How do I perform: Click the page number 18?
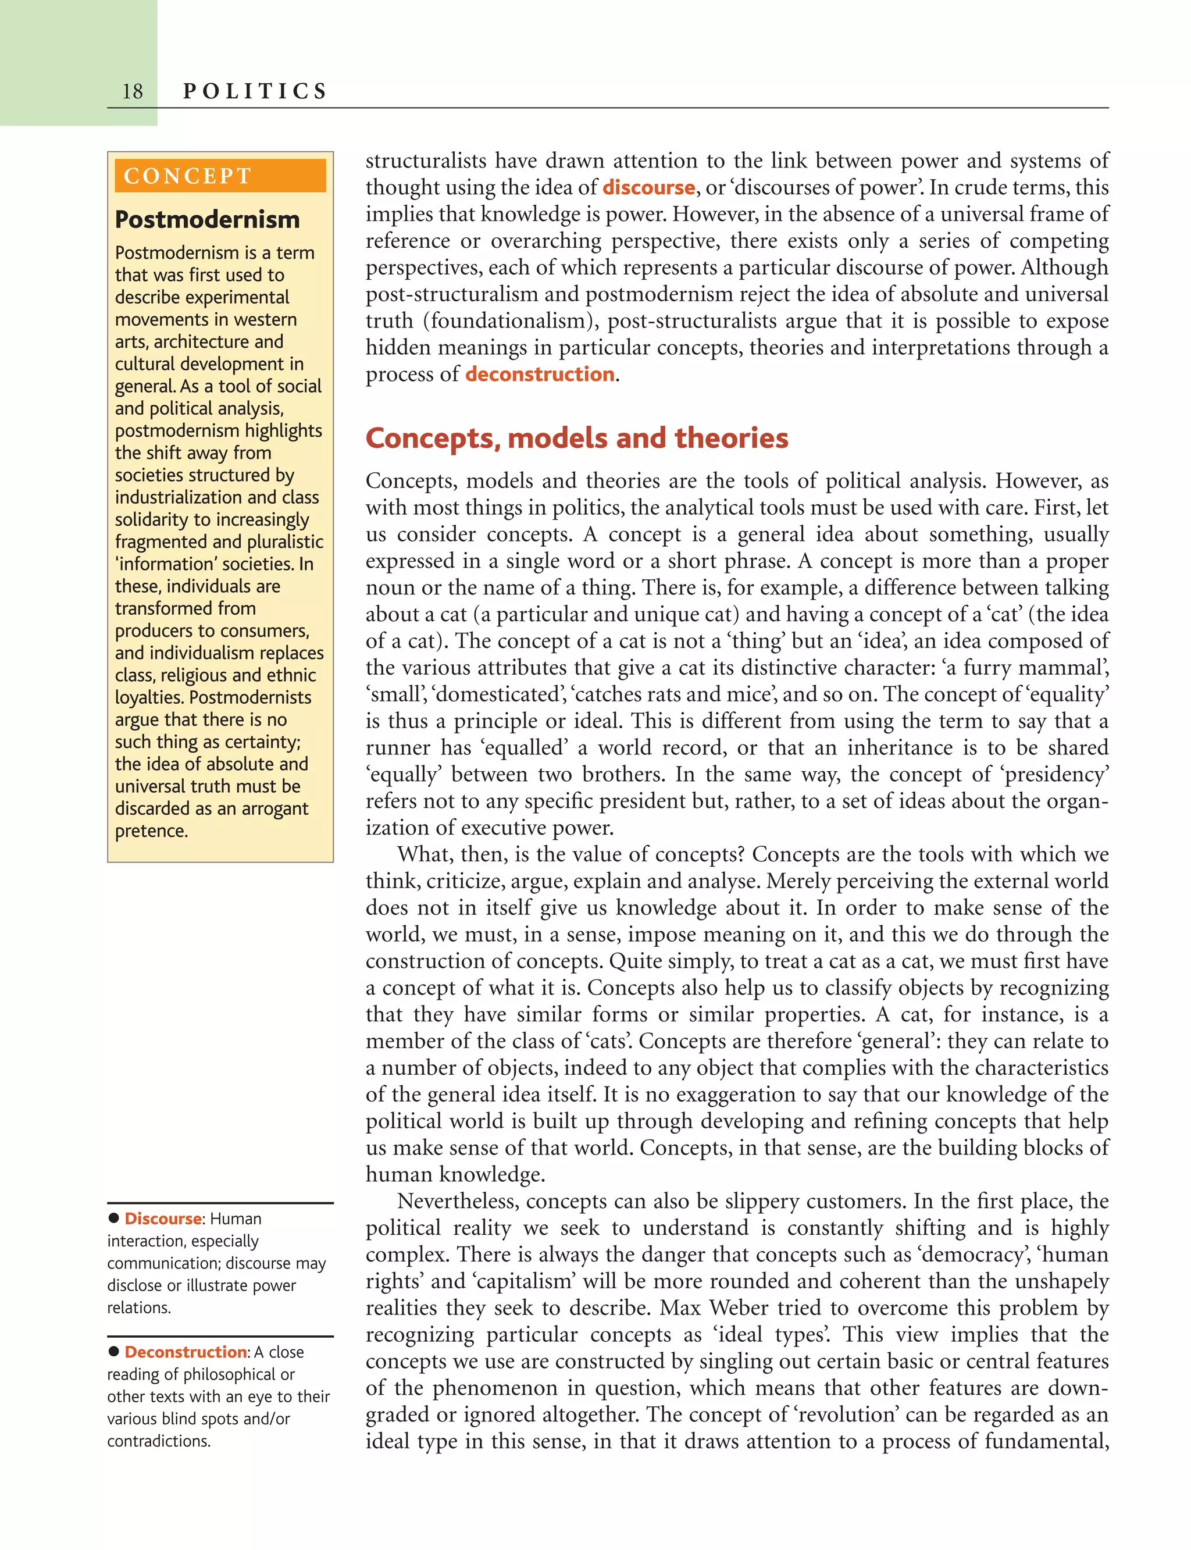coord(133,91)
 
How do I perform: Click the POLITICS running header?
coord(255,91)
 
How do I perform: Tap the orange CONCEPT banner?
coord(220,176)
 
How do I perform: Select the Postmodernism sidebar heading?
coord(207,220)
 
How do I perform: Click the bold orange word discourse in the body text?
coord(648,187)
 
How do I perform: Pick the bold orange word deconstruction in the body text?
coord(540,375)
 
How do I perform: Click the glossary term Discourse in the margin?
coord(163,1219)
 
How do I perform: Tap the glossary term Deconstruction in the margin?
coord(186,1352)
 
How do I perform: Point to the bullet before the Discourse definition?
coord(113,1218)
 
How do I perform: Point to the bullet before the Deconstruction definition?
coord(113,1352)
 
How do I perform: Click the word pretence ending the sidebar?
coord(151,831)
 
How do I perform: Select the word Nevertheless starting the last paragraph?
coord(457,1201)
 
